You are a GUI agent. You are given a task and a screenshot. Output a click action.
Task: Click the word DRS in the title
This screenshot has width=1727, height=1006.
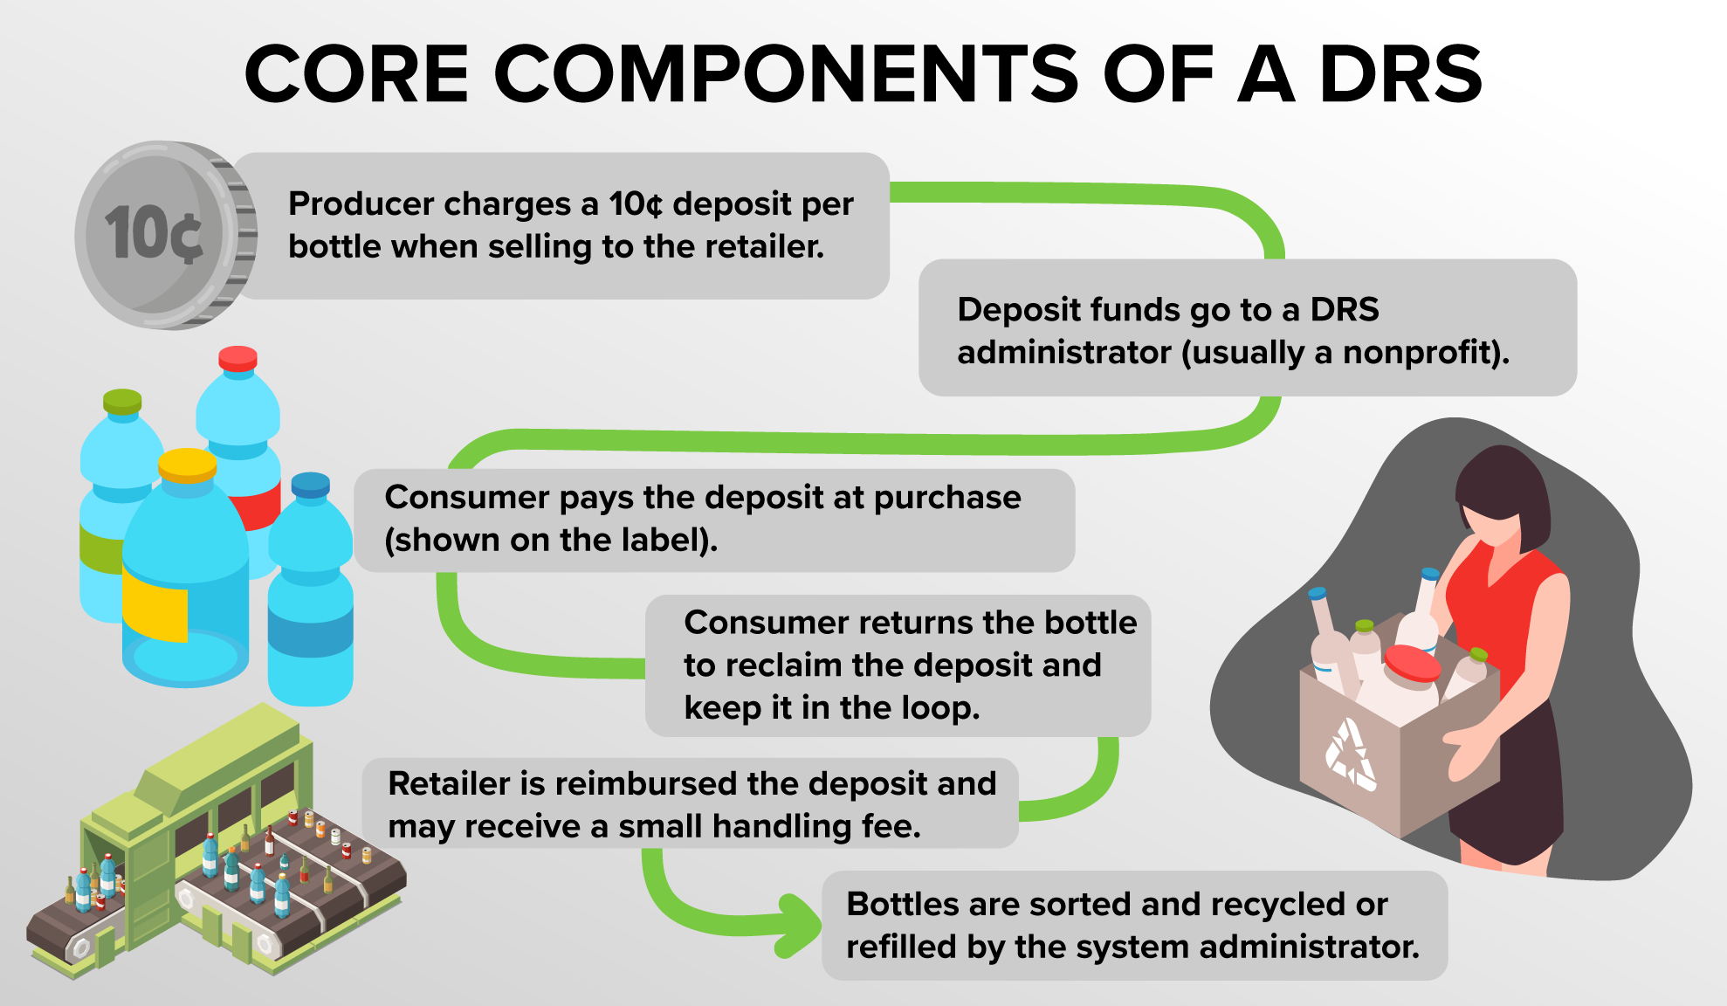pos(1400,73)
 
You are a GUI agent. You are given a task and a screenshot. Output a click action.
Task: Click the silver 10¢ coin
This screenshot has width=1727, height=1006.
pos(166,235)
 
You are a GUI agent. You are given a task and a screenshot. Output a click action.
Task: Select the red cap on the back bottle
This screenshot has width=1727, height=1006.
pos(237,358)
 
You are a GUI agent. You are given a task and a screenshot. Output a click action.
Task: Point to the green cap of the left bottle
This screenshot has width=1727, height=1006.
pos(122,401)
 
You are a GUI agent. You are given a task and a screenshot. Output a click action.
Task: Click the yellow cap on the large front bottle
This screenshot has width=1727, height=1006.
pos(188,465)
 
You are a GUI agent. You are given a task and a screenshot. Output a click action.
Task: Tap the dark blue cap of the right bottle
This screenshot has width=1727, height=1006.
pos(310,484)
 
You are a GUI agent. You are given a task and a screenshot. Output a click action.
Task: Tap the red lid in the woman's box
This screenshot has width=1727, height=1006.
pos(1412,663)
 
